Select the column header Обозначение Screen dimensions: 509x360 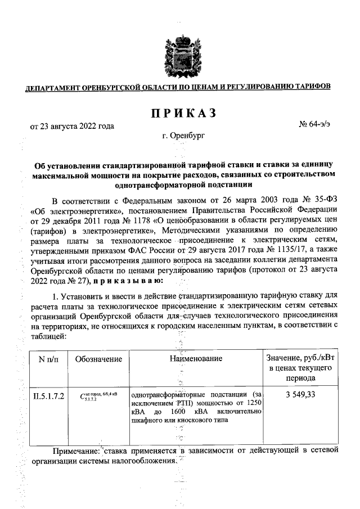pyautogui.click(x=98, y=358)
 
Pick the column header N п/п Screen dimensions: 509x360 pyautogui.click(x=47, y=358)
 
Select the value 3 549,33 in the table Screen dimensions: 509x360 pyautogui.click(x=300, y=395)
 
